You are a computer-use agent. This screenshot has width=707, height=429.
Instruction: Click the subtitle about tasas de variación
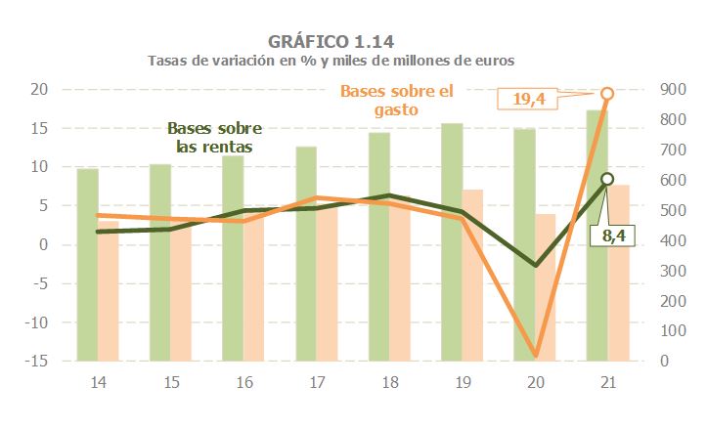(331, 61)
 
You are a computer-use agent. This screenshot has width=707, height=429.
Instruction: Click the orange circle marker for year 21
(607, 94)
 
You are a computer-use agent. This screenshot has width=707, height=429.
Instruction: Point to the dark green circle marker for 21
(607, 179)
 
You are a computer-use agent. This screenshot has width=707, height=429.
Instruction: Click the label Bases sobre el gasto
(397, 101)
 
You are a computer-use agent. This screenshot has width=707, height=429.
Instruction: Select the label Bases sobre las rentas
(215, 138)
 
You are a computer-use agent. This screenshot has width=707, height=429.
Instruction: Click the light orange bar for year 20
(545, 287)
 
